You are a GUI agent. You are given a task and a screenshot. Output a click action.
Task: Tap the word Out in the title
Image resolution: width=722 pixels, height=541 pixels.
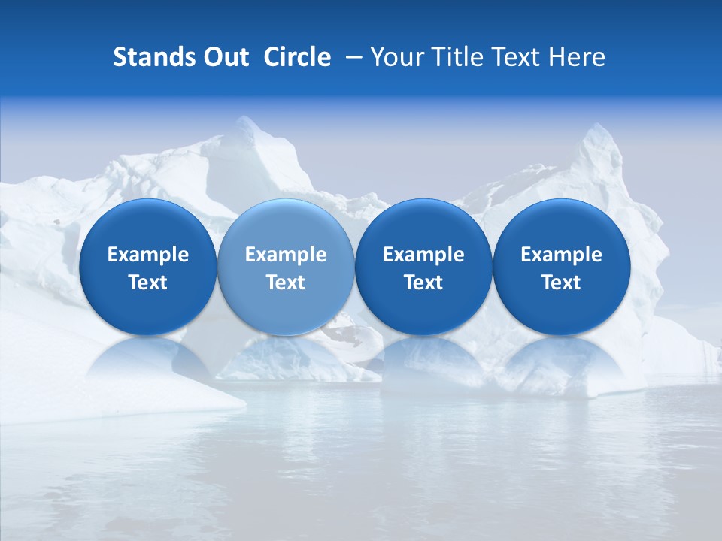226,57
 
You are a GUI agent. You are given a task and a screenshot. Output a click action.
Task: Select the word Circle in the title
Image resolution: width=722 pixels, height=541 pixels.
297,57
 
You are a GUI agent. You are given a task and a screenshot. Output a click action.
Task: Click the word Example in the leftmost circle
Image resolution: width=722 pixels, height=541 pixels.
147,255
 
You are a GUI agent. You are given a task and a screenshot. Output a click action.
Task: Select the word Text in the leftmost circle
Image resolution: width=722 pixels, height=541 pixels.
147,283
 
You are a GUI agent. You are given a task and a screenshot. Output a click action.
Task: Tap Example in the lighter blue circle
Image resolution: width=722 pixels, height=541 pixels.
286,255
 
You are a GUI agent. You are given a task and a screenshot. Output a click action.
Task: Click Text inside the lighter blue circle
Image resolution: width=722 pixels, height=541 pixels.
286,283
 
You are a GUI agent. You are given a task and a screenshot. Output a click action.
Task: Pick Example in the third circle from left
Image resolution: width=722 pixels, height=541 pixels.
423,255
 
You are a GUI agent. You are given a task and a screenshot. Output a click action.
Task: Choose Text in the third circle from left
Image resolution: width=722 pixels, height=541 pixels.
423,283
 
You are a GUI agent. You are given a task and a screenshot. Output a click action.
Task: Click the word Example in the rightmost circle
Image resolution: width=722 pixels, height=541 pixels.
561,255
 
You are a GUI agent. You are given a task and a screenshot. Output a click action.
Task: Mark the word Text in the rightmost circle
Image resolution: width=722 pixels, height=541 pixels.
561,283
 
